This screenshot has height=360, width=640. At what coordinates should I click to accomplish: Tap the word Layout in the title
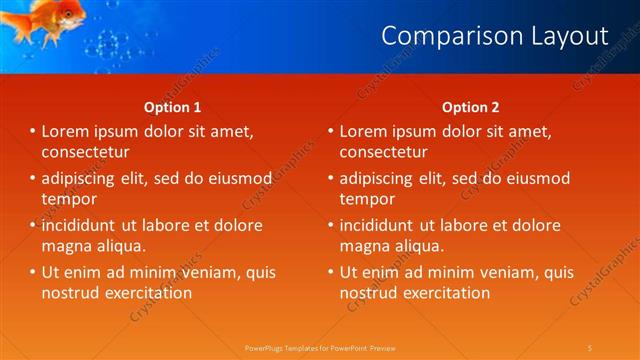571,36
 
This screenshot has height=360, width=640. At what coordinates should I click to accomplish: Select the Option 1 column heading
173,107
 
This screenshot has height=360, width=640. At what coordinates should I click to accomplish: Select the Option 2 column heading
471,107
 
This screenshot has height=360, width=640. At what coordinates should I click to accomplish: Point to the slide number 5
590,347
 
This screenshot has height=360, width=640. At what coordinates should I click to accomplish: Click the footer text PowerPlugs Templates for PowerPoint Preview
320,347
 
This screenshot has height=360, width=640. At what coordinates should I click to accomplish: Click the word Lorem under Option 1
67,131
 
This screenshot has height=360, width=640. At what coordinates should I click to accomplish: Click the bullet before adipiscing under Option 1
32,178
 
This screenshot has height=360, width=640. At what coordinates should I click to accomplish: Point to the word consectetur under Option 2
383,152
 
